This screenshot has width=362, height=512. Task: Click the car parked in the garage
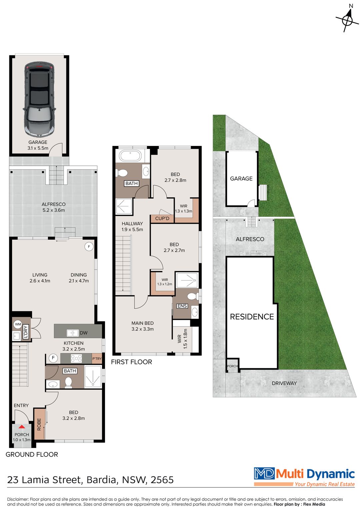click(x=39, y=99)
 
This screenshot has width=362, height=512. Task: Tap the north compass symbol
click(x=347, y=20)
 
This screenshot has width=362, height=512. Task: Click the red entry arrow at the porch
click(x=22, y=427)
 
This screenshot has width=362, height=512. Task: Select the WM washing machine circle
click(x=18, y=324)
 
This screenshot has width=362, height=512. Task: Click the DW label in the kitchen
click(x=83, y=333)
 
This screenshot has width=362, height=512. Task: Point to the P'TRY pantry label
click(x=97, y=359)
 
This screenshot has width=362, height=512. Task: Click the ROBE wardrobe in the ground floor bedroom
click(x=39, y=424)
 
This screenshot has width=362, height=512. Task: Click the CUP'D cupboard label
click(x=162, y=219)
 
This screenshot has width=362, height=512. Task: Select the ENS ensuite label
click(x=182, y=306)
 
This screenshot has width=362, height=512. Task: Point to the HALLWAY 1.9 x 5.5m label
click(x=132, y=226)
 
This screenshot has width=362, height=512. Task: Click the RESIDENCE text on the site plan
click(x=252, y=317)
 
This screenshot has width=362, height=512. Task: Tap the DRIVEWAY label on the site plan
click(x=284, y=383)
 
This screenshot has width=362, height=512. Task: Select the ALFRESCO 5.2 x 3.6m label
click(x=53, y=207)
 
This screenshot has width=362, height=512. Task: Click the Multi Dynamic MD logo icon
click(x=264, y=473)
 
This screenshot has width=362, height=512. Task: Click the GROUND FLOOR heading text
click(x=32, y=454)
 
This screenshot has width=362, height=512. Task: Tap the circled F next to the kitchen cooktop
click(x=53, y=358)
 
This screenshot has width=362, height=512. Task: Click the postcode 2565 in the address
click(x=162, y=480)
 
